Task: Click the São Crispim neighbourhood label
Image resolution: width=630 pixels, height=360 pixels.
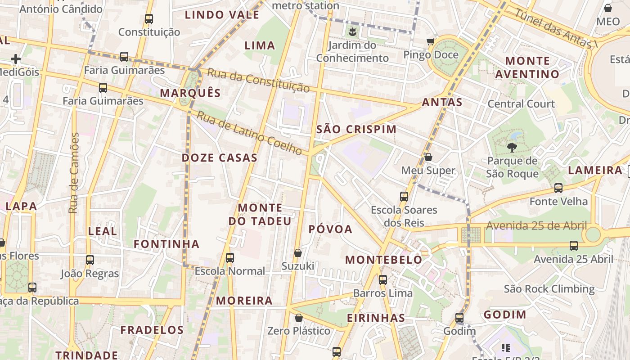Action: [x=356, y=130]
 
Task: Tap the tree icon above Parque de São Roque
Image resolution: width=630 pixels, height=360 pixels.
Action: [x=512, y=147]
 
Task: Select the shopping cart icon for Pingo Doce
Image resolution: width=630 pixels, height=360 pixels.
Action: [x=431, y=42]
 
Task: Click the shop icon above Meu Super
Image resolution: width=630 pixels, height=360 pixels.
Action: [x=428, y=157]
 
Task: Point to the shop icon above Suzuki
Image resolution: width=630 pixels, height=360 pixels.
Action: [x=297, y=253]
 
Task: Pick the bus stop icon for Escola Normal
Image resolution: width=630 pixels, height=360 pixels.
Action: [x=230, y=258]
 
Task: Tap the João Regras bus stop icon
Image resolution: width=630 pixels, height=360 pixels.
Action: [x=90, y=260]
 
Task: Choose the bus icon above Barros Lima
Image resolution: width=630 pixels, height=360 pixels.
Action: [x=383, y=280]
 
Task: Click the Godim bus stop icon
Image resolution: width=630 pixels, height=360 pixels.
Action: [x=459, y=318]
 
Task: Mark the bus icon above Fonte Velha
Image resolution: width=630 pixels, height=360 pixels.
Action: [x=558, y=188]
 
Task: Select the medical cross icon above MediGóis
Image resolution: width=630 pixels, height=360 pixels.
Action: [x=16, y=59]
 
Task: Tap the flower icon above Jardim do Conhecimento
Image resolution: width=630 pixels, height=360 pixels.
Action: [x=352, y=31]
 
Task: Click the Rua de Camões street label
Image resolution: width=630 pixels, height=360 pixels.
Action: [x=74, y=173]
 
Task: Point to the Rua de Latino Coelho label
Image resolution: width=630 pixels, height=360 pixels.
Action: [x=249, y=133]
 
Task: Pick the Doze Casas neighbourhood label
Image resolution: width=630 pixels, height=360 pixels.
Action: [x=220, y=158]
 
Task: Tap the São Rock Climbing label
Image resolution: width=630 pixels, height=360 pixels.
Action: [x=549, y=289]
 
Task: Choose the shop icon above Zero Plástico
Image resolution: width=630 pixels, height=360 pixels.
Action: [x=298, y=318]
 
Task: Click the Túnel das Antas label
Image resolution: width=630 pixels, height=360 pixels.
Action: [x=555, y=27]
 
